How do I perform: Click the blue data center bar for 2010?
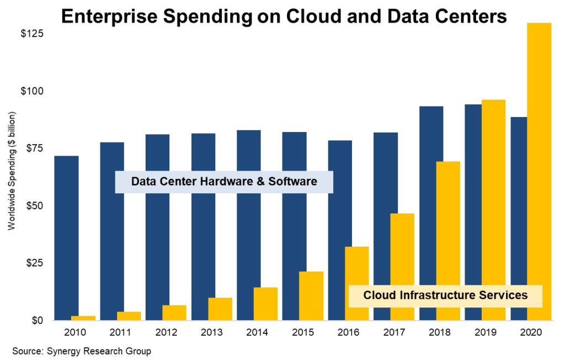[66, 237]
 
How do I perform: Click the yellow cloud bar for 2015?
[311, 296]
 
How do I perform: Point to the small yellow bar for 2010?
[83, 318]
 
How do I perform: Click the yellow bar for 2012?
[174, 313]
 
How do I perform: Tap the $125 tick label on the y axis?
[32, 34]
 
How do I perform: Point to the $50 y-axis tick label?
[32, 205]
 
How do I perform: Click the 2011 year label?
[119, 333]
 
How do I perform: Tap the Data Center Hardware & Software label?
[224, 182]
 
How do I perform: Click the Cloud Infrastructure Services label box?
[445, 295]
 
